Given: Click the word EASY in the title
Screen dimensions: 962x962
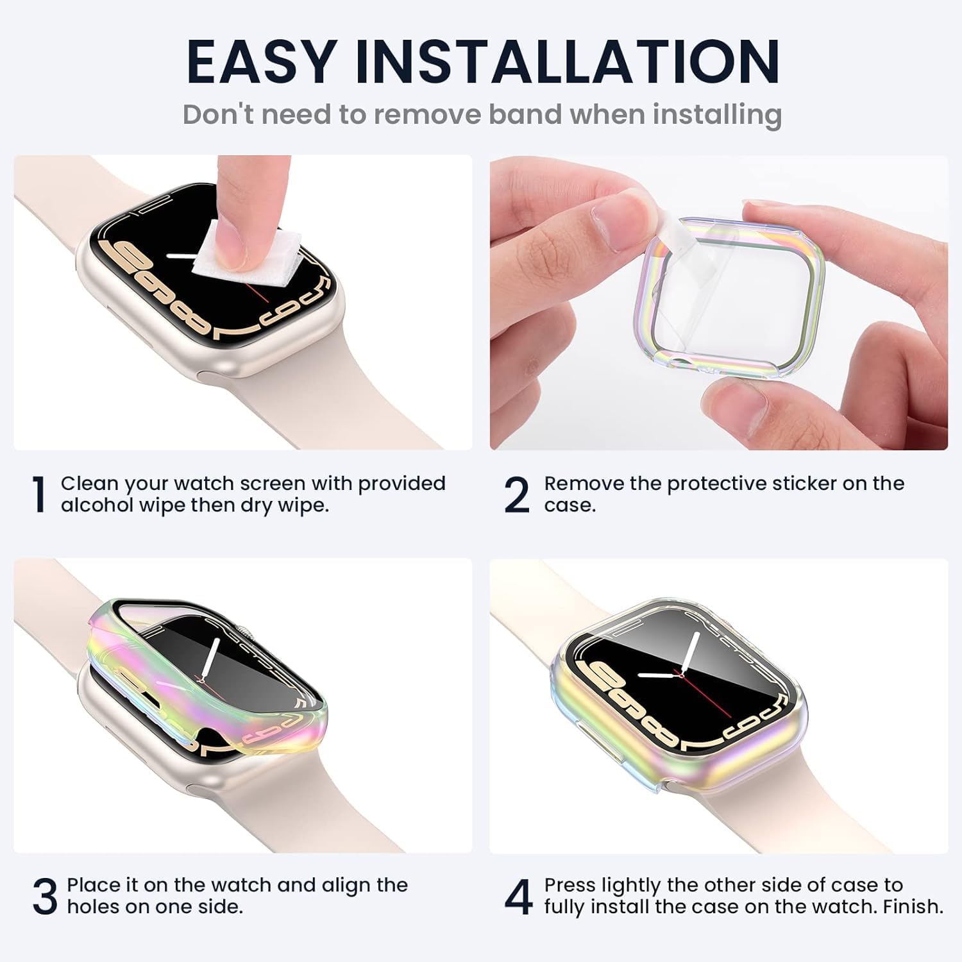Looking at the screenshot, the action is click(260, 62).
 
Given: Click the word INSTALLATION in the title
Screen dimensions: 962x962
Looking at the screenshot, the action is click(568, 62).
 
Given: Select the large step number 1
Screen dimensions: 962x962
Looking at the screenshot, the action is click(40, 494).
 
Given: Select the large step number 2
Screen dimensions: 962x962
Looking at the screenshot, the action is click(517, 494).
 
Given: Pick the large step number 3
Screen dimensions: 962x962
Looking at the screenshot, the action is click(45, 897).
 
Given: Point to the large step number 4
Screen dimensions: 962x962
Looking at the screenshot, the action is click(518, 897).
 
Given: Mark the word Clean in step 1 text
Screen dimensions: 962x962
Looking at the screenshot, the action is click(89, 484).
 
